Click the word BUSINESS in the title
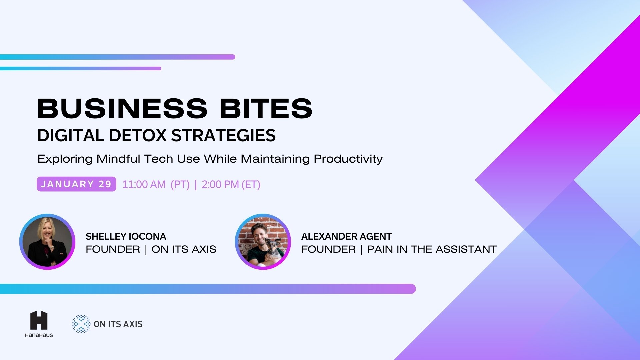pyautogui.click(x=122, y=108)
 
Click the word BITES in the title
pyautogui.click(x=266, y=108)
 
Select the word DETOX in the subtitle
pyautogui.click(x=137, y=135)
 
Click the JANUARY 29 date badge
pyautogui.click(x=76, y=184)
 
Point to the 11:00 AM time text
pyautogui.click(x=144, y=184)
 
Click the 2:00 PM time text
pyautogui.click(x=220, y=184)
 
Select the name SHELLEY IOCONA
pyautogui.click(x=126, y=236)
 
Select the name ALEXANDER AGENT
pyautogui.click(x=346, y=236)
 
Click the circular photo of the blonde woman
pyautogui.click(x=47, y=242)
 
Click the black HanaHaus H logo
pyautogui.click(x=39, y=320)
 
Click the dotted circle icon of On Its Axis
pyautogui.click(x=81, y=324)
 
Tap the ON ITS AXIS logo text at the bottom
pyautogui.click(x=118, y=324)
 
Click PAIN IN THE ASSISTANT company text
pyautogui.click(x=432, y=249)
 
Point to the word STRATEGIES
pyautogui.click(x=223, y=135)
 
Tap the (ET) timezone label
pyautogui.click(x=251, y=184)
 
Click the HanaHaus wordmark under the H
pyautogui.click(x=39, y=335)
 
